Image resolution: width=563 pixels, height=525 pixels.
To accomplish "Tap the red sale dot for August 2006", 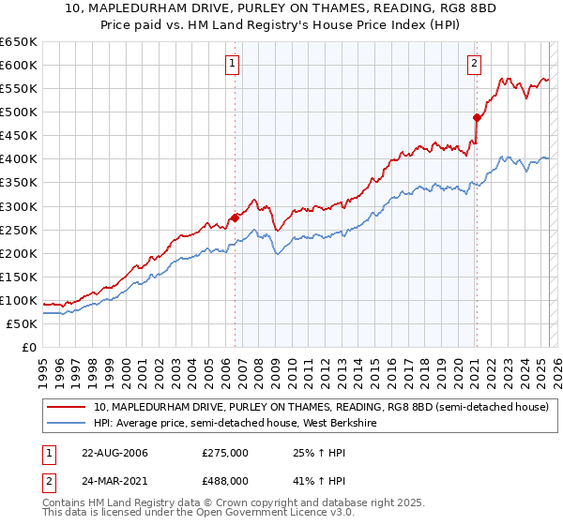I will tap(235, 217).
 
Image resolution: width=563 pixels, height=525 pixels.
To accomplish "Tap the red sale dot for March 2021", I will tap(477, 117).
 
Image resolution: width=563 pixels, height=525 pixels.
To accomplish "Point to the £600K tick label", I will tap(19, 66).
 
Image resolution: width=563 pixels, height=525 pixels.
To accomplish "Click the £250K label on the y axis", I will tap(19, 230).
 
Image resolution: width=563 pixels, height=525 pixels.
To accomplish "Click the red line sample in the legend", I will tap(66, 407).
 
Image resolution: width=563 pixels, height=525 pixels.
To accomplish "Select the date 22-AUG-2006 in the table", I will tap(114, 453).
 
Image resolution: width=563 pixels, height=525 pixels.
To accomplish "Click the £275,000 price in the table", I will tap(225, 453).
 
